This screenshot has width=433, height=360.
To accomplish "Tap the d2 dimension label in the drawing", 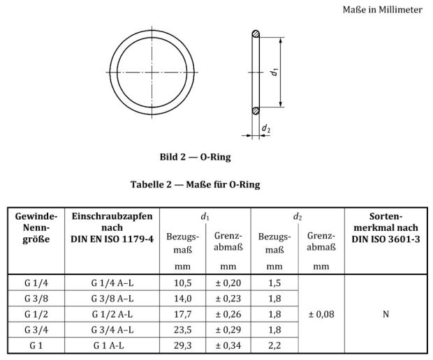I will [x=266, y=128].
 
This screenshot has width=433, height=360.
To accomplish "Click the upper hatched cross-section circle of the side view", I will [x=256, y=33].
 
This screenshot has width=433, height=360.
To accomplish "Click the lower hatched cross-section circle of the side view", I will [x=256, y=109].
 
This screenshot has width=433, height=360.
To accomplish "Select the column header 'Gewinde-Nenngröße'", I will [x=36, y=228].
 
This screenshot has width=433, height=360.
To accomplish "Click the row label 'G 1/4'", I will [x=36, y=283].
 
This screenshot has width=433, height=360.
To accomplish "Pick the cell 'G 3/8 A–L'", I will [x=112, y=299].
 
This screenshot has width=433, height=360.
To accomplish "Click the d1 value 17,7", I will [x=182, y=314].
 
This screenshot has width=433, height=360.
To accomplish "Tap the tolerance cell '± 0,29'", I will [x=228, y=329].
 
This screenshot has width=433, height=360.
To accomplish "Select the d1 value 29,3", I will [x=182, y=345].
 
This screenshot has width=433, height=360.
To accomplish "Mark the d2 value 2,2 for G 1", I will [x=274, y=345].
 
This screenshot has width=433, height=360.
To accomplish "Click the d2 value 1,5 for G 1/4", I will [x=274, y=283].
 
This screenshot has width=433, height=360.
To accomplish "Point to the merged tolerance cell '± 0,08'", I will [x=321, y=314].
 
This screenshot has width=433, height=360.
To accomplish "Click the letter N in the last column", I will [x=386, y=314].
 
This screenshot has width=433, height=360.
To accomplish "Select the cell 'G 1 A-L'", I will [x=112, y=345].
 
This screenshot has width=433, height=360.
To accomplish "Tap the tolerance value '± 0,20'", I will [x=228, y=283].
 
